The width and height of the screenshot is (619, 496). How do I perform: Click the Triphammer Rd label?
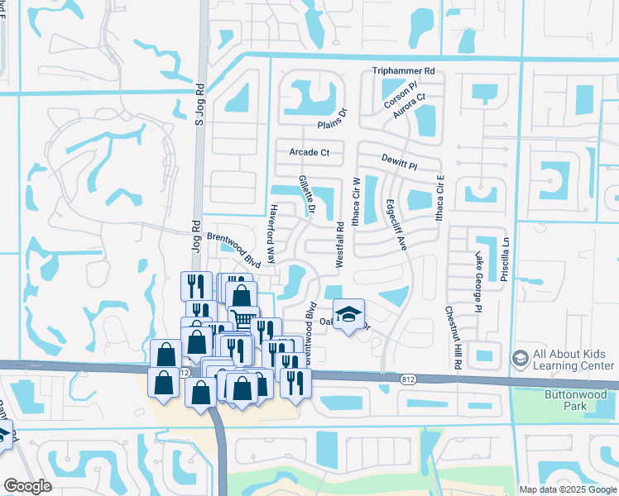tap(404, 72)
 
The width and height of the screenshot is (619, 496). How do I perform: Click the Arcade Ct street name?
tap(309, 152)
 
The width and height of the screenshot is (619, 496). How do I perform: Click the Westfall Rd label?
tap(339, 244)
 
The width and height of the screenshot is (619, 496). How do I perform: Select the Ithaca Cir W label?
tap(357, 198)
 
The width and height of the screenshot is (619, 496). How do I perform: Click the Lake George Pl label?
tap(477, 283)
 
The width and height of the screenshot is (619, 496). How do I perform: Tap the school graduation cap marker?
tap(349, 315)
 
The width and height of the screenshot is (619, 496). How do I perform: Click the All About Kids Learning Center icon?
tap(520, 357)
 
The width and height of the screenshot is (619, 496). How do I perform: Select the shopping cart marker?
tap(243, 318)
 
